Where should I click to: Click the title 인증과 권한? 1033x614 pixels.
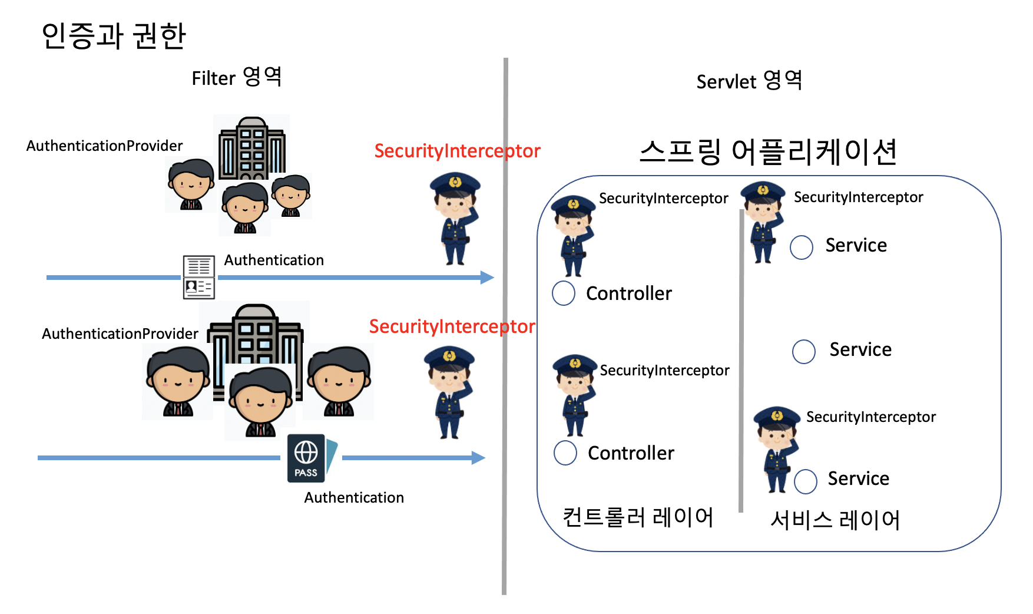point(114,36)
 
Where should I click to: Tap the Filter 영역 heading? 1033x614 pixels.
point(237,77)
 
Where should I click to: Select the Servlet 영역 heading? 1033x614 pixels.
point(749,81)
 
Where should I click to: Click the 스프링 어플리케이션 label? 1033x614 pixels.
point(768,151)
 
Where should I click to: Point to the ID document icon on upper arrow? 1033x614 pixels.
point(198,277)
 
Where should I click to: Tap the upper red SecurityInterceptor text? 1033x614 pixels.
point(457,151)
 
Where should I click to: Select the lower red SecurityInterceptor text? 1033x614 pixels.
point(452,326)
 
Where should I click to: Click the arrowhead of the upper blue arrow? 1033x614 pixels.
point(488,278)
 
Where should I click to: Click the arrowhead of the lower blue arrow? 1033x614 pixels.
point(479,458)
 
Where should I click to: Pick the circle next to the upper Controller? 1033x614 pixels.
point(564,293)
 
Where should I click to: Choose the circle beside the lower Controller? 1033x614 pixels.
point(565,453)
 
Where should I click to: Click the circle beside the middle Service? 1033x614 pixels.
point(804,351)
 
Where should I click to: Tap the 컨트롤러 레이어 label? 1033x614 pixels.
point(638,517)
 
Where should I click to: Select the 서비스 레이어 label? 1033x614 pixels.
point(835,520)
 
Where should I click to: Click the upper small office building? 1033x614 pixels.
point(252,148)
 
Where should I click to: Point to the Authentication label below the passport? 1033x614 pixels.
point(354,497)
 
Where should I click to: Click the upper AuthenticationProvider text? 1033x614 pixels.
point(104,146)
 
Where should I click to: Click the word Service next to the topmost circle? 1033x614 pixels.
point(856,245)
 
